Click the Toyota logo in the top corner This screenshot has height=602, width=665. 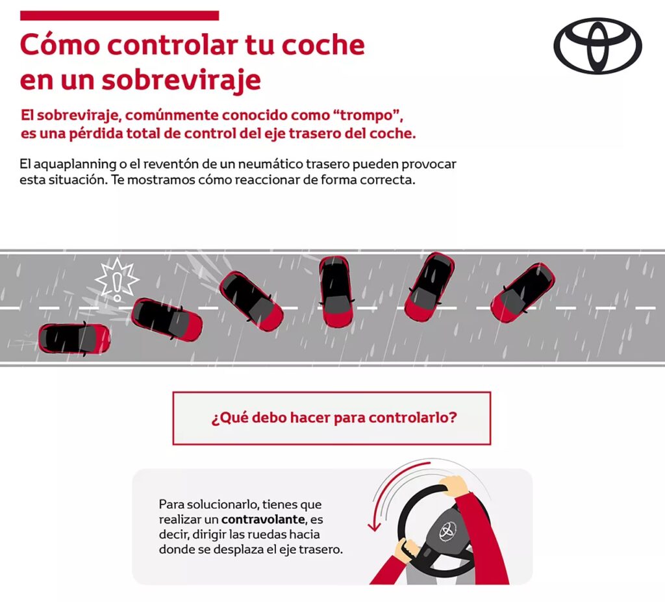pyautogui.click(x=597, y=46)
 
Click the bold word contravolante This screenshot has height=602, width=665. pyautogui.click(x=263, y=520)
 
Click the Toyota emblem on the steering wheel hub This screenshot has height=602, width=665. pyautogui.click(x=447, y=531)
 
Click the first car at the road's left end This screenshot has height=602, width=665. pyautogui.click(x=74, y=338)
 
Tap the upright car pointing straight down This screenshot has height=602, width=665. pyautogui.click(x=336, y=292)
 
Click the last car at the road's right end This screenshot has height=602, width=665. pyautogui.click(x=523, y=293)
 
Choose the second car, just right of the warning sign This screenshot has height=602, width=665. pyautogui.click(x=167, y=320)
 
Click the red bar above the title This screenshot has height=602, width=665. pyautogui.click(x=119, y=16)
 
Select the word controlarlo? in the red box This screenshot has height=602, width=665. pyautogui.click(x=412, y=418)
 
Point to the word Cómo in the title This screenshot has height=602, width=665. pyautogui.click(x=60, y=45)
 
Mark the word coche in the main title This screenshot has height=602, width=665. pyautogui.click(x=323, y=45)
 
